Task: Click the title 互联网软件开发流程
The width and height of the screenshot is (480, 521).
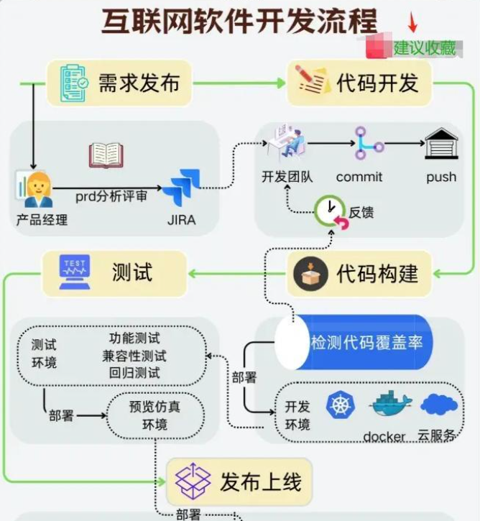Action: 239,22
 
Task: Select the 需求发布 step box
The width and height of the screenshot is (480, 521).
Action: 120,83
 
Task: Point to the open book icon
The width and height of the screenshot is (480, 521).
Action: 106,155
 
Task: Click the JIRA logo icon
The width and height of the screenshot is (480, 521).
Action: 180,188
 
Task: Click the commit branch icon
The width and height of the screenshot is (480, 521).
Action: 369,143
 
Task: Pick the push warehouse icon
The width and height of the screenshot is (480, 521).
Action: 441,144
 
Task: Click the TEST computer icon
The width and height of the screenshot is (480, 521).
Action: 74,272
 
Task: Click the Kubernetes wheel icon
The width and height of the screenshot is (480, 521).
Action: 341,405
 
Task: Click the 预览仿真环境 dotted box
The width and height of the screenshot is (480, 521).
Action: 155,415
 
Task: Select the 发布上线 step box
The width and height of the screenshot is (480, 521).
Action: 239,481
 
